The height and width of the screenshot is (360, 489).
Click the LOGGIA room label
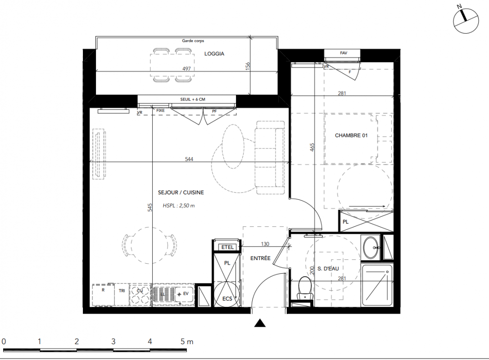pyautogui.click(x=214, y=54)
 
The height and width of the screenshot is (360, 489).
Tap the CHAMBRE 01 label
pyautogui.click(x=351, y=135)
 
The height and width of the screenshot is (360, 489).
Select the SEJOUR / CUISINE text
pyautogui.click(x=181, y=193)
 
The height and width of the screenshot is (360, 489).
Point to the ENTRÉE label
pyautogui.click(x=260, y=258)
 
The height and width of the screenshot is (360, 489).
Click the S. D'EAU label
pyautogui.click(x=328, y=268)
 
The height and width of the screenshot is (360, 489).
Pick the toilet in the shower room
pyautogui.click(x=305, y=288)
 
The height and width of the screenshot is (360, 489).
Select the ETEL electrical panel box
pyautogui.click(x=227, y=247)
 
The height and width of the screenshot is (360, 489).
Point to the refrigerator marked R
pyautogui.click(x=103, y=295)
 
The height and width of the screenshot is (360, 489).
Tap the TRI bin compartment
pyautogui.click(x=122, y=295)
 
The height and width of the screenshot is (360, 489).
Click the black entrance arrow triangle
pyautogui.click(x=260, y=323)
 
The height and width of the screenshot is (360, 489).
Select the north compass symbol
pyautogui.click(x=466, y=21)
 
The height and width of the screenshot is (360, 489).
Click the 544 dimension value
pyautogui.click(x=189, y=159)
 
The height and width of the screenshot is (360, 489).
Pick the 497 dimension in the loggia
pyautogui.click(x=186, y=68)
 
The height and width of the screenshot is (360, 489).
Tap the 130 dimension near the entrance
pyautogui.click(x=265, y=244)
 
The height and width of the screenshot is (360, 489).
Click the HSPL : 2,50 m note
pyautogui.click(x=179, y=206)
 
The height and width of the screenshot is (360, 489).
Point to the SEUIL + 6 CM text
pyautogui.click(x=193, y=99)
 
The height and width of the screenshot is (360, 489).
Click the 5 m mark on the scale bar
pyautogui.click(x=187, y=342)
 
